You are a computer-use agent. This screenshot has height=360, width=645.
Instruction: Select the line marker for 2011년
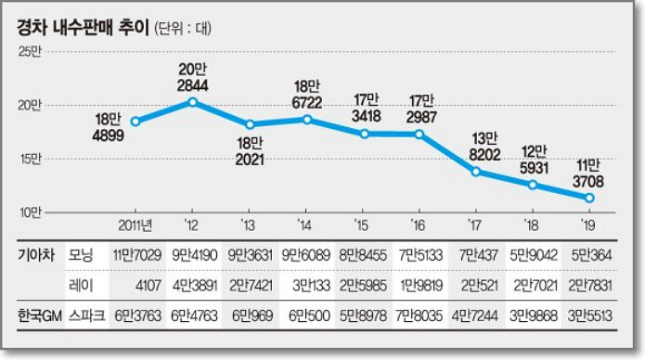pos(135,122)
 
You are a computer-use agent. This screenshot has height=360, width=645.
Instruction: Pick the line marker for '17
pos(476,172)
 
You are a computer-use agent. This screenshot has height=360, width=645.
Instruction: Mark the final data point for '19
pos(589,198)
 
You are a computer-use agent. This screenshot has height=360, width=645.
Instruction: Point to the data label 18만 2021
pos(249,150)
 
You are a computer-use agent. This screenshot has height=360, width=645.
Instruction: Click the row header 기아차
pos(37,253)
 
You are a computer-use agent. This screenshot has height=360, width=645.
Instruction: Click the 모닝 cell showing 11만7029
pos(136,253)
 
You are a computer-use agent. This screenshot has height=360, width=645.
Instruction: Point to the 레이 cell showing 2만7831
pos(589,284)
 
